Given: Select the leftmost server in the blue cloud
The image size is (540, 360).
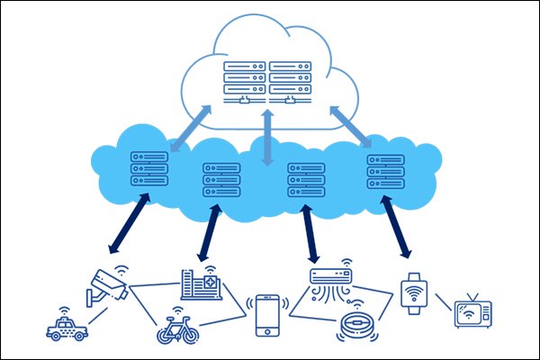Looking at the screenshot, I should click(x=149, y=168).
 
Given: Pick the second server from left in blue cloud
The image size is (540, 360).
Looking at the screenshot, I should click(x=221, y=179).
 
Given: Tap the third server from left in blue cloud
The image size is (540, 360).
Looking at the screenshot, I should click(x=305, y=179).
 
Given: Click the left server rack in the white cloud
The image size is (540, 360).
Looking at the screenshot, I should click(x=246, y=80).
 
